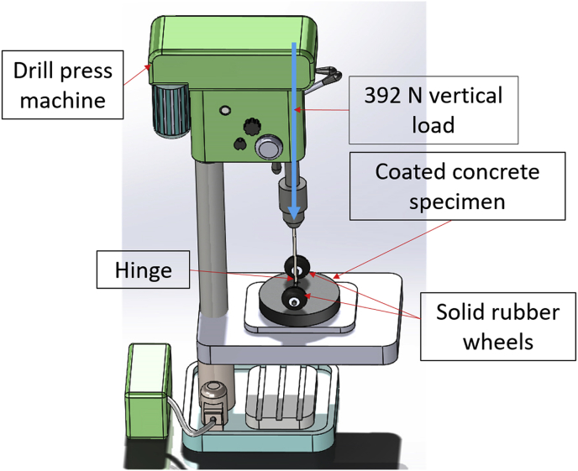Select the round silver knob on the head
click(x=267, y=149)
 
